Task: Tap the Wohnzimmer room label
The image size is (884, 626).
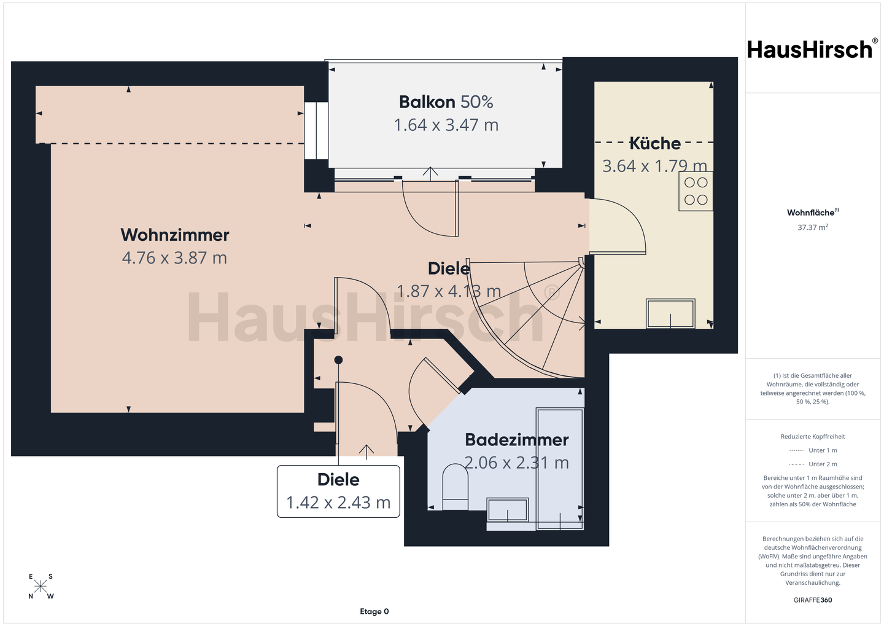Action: pyautogui.click(x=175, y=235)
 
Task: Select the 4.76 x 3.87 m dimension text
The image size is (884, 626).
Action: pyautogui.click(x=174, y=258)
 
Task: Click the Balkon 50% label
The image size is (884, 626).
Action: pyautogui.click(x=446, y=102)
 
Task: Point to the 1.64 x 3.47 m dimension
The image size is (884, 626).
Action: pyautogui.click(x=446, y=125)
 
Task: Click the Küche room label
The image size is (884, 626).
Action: pyautogui.click(x=654, y=143)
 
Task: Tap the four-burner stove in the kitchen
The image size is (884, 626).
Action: pyautogui.click(x=696, y=191)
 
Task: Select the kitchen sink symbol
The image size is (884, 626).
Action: pyautogui.click(x=670, y=313)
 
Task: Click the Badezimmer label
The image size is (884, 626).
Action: pyautogui.click(x=517, y=440)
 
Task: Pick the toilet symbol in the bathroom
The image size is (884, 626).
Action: pyautogui.click(x=455, y=487)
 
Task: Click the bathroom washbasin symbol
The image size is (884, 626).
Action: pyautogui.click(x=508, y=510)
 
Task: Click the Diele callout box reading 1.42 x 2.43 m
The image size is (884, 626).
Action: pyautogui.click(x=338, y=491)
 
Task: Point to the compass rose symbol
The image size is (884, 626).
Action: pyautogui.click(x=41, y=586)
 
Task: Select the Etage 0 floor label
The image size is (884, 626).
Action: pyautogui.click(x=374, y=611)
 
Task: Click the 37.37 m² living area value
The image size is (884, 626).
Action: pyautogui.click(x=813, y=227)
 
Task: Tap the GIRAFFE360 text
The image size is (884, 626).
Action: pyautogui.click(x=813, y=600)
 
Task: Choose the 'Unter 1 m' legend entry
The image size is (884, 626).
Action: pyautogui.click(x=812, y=450)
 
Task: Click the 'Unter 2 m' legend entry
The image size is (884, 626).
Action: pyautogui.click(x=812, y=464)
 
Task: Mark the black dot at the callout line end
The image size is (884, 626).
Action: pyautogui.click(x=338, y=360)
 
